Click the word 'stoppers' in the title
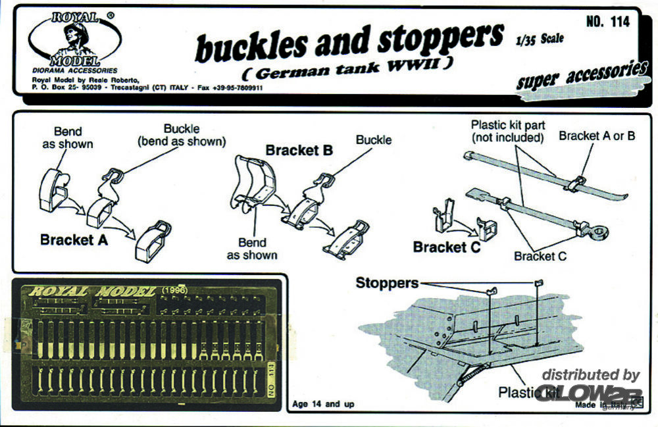(440, 39)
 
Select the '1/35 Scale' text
(540, 39)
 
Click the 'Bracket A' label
(74, 239)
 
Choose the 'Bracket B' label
(299, 150)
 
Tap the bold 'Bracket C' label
(447, 247)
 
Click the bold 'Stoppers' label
(387, 283)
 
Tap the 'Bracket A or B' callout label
(597, 136)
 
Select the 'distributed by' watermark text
(590, 375)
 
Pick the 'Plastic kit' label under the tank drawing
(527, 393)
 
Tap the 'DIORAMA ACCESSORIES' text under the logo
(74, 70)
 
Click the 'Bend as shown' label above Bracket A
(68, 138)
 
